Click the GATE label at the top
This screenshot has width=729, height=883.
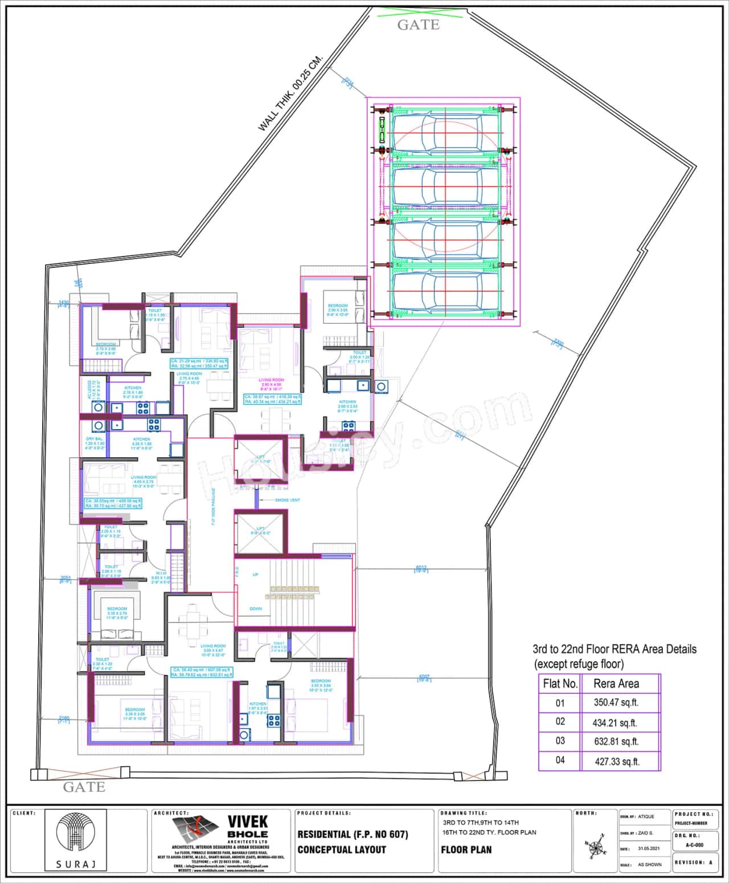tap(418, 25)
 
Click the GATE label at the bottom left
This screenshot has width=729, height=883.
tap(84, 787)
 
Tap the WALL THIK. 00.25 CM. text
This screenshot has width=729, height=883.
tap(290, 93)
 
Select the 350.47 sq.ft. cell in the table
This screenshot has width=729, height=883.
tap(616, 702)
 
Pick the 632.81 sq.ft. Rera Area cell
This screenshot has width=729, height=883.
tap(616, 741)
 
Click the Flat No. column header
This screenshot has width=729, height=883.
tap(560, 683)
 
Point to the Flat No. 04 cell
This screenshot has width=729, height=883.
tap(560, 760)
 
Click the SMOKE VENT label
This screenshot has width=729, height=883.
tap(287, 500)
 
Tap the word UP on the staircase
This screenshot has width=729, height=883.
tap(256, 574)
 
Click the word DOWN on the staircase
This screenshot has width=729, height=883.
tap(256, 609)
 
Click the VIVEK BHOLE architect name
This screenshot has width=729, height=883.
tap(247, 828)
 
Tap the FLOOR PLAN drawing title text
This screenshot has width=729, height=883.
tap(466, 850)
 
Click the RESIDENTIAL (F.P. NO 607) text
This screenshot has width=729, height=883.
tap(353, 835)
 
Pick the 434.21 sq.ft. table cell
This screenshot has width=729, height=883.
tap(616, 722)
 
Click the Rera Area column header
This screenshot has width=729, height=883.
tap(616, 683)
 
